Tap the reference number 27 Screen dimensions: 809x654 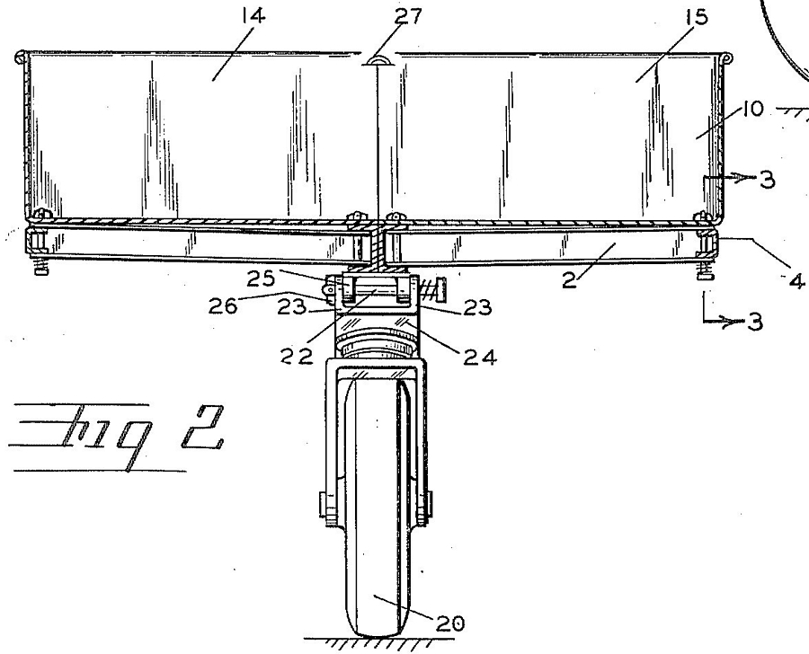coord(408,16)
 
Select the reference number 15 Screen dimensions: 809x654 coord(696,18)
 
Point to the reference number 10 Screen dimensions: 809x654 coord(752,110)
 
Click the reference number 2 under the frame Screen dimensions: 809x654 coord(568,280)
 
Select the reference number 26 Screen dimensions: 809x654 coord(223,306)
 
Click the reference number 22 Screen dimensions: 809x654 coord(297,356)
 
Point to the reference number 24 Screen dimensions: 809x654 coord(480,357)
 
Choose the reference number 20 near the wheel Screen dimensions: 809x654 coord(450,623)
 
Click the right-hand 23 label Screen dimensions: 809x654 coord(477,307)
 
